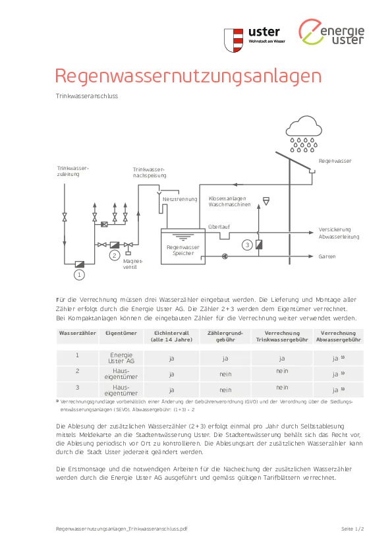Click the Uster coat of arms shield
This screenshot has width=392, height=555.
(233, 40)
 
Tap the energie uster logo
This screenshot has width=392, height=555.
(331, 32)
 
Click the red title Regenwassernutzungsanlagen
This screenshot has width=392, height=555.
(188, 76)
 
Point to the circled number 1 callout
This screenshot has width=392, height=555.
(79, 275)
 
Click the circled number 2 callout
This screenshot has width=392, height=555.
(114, 255)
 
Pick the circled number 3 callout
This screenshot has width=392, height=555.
(247, 245)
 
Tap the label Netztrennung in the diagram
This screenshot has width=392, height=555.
(180, 199)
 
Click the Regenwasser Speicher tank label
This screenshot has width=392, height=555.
(183, 250)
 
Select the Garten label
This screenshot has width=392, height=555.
(327, 256)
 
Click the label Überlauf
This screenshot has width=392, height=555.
(219, 227)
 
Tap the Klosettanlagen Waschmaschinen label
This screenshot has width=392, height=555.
(230, 202)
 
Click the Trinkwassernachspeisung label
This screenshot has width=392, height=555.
(150, 173)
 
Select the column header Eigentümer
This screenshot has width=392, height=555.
(121, 333)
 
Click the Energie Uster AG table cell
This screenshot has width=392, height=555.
(121, 358)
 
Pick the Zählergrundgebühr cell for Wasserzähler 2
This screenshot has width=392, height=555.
(225, 374)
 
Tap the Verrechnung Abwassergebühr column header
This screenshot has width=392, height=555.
(338, 336)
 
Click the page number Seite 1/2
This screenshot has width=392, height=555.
(352, 529)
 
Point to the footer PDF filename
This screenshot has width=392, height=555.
(122, 529)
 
